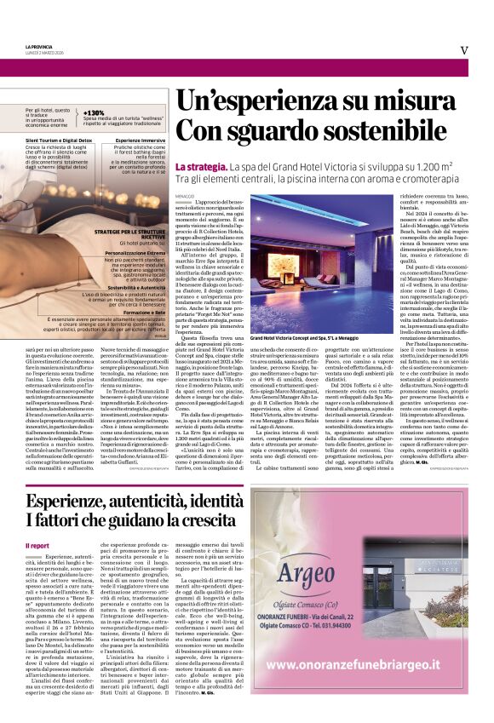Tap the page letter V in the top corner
[x=463, y=49]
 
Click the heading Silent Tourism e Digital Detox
[x=58, y=138]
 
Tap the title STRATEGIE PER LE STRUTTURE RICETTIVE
[x=129, y=233]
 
